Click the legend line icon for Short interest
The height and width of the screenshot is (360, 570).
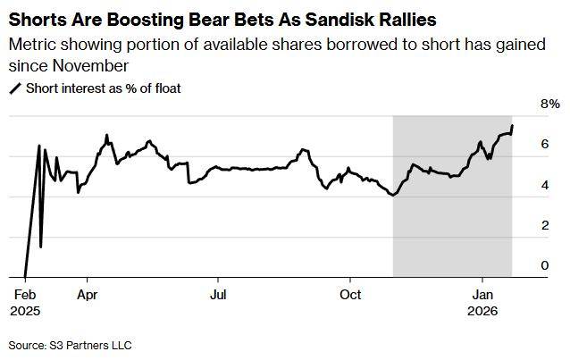click(x=15, y=88)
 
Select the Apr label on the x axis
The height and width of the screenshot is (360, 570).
click(x=88, y=293)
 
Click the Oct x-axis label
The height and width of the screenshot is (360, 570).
click(x=351, y=293)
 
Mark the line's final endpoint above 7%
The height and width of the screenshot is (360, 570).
click(x=512, y=125)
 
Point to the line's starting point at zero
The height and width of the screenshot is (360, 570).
click(x=24, y=277)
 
